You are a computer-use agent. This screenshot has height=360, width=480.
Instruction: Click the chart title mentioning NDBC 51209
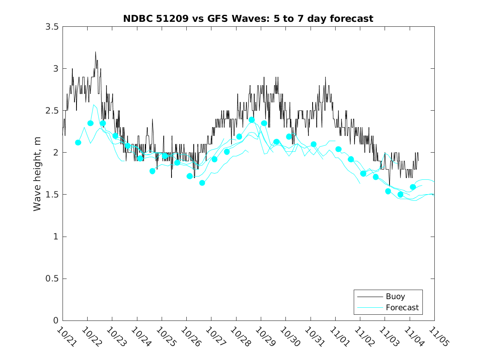(248, 19)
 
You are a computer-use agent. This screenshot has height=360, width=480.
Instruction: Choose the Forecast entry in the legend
(402, 307)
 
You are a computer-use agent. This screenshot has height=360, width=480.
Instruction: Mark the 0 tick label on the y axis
(56, 321)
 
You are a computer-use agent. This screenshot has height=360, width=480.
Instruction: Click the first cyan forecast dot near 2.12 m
(78, 142)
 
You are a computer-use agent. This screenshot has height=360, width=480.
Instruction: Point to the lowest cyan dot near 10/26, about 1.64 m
(202, 183)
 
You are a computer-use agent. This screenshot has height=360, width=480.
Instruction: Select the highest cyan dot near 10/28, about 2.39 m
(252, 120)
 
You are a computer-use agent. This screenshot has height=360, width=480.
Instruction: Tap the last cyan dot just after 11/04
(413, 187)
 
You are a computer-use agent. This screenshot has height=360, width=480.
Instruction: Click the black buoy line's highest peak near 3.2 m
(95, 52)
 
